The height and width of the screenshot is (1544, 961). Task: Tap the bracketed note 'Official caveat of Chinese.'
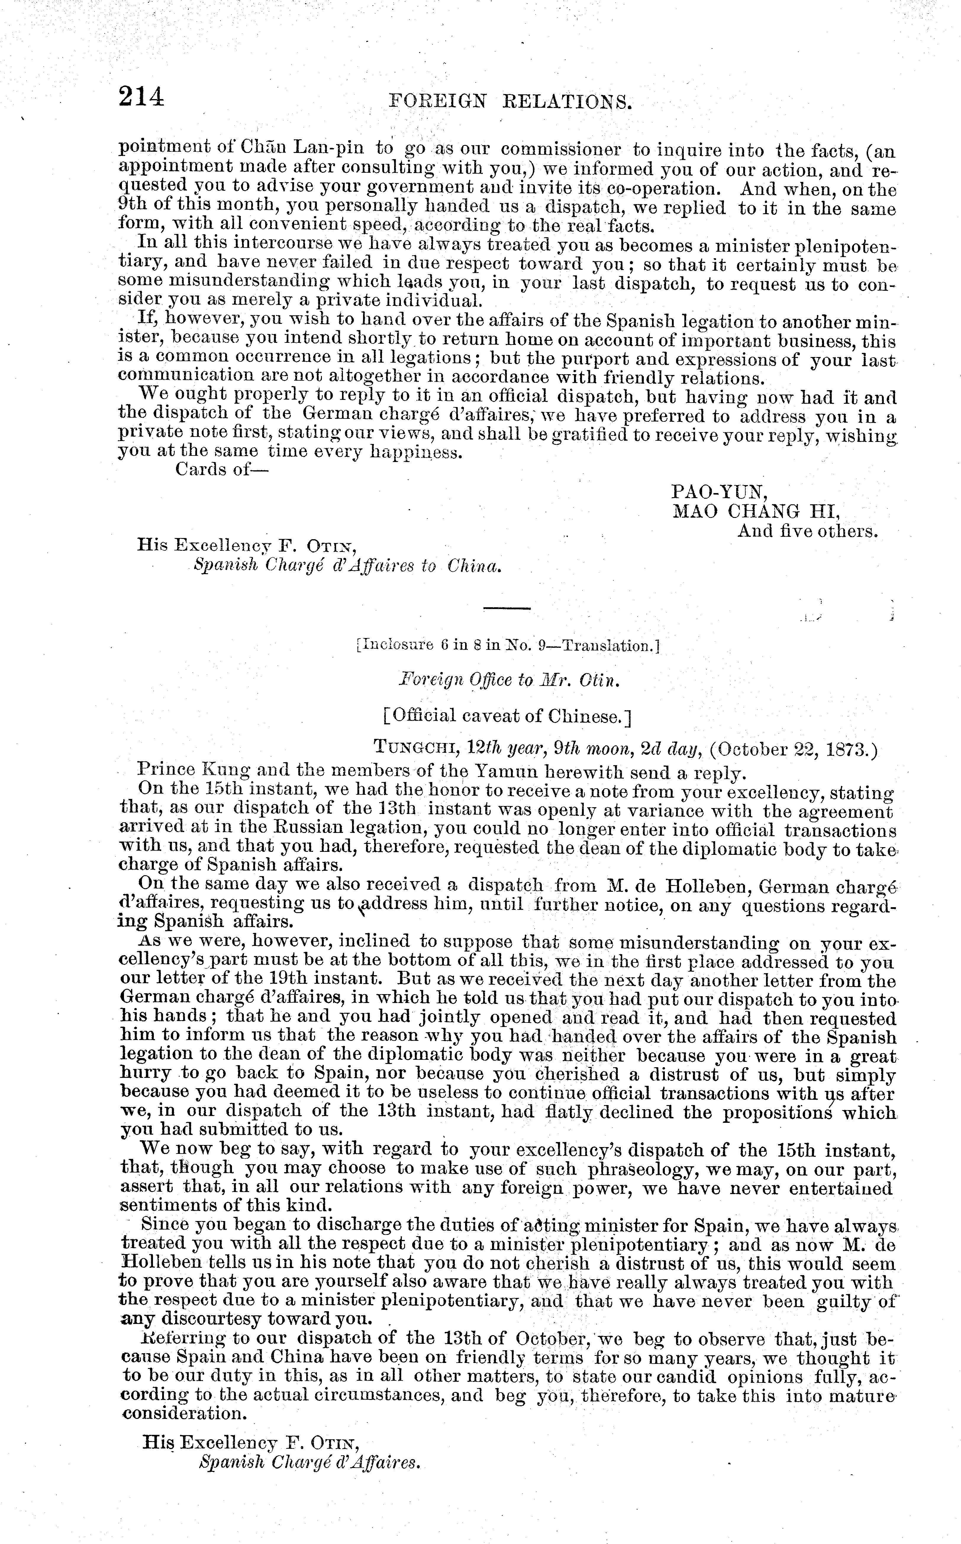507,716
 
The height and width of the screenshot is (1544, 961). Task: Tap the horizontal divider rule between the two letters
507,609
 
